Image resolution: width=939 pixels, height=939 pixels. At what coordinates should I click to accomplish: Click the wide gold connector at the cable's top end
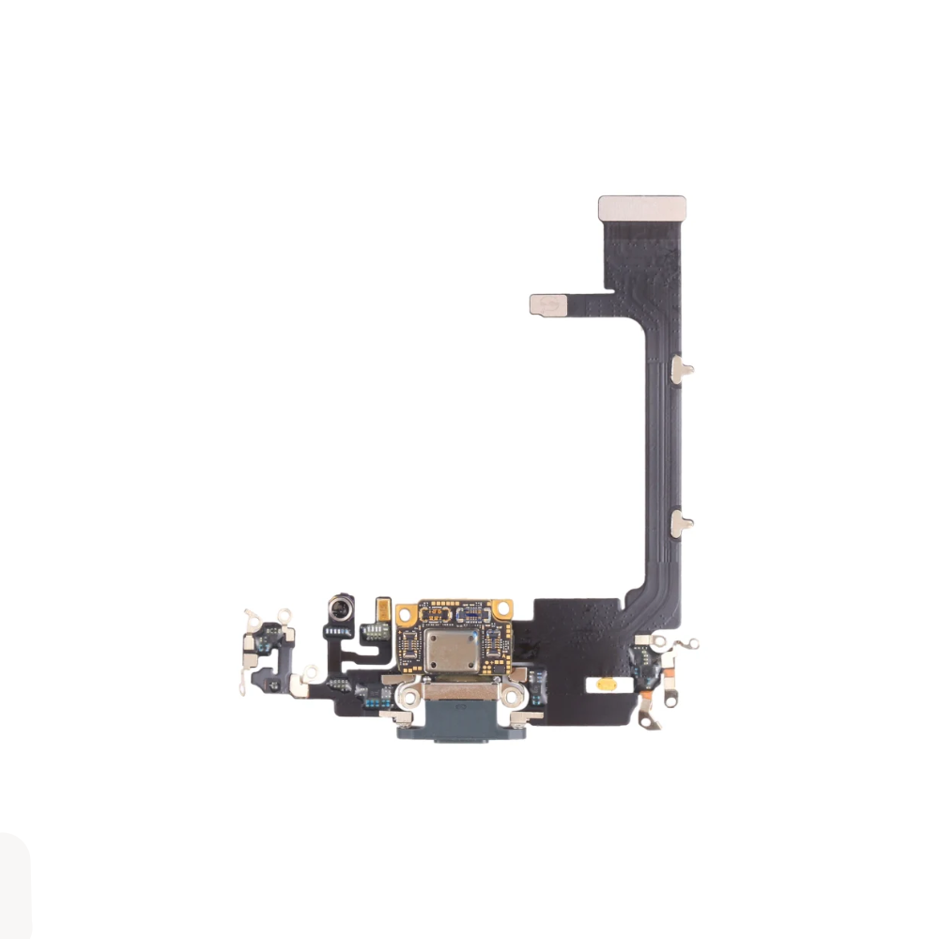[x=642, y=208]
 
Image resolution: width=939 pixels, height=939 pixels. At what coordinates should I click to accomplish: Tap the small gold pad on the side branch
[x=548, y=304]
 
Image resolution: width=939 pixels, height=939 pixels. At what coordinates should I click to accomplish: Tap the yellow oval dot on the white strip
[x=608, y=686]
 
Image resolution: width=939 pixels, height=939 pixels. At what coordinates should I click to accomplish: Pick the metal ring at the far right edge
[x=692, y=644]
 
